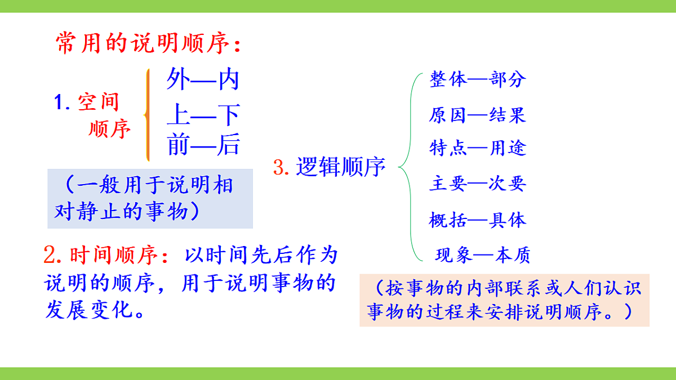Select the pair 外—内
[203, 80]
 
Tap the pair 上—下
[203, 115]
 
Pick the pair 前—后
[203, 145]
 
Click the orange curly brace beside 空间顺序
[148, 115]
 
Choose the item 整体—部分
[477, 79]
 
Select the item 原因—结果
[477, 115]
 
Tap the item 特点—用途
[477, 148]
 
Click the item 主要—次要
[477, 184]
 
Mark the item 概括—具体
[477, 220]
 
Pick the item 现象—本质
[483, 256]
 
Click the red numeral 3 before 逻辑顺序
[280, 167]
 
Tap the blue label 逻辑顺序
[341, 167]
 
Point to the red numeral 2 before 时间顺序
[52, 256]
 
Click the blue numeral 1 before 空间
[60, 102]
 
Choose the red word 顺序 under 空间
[110, 129]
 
